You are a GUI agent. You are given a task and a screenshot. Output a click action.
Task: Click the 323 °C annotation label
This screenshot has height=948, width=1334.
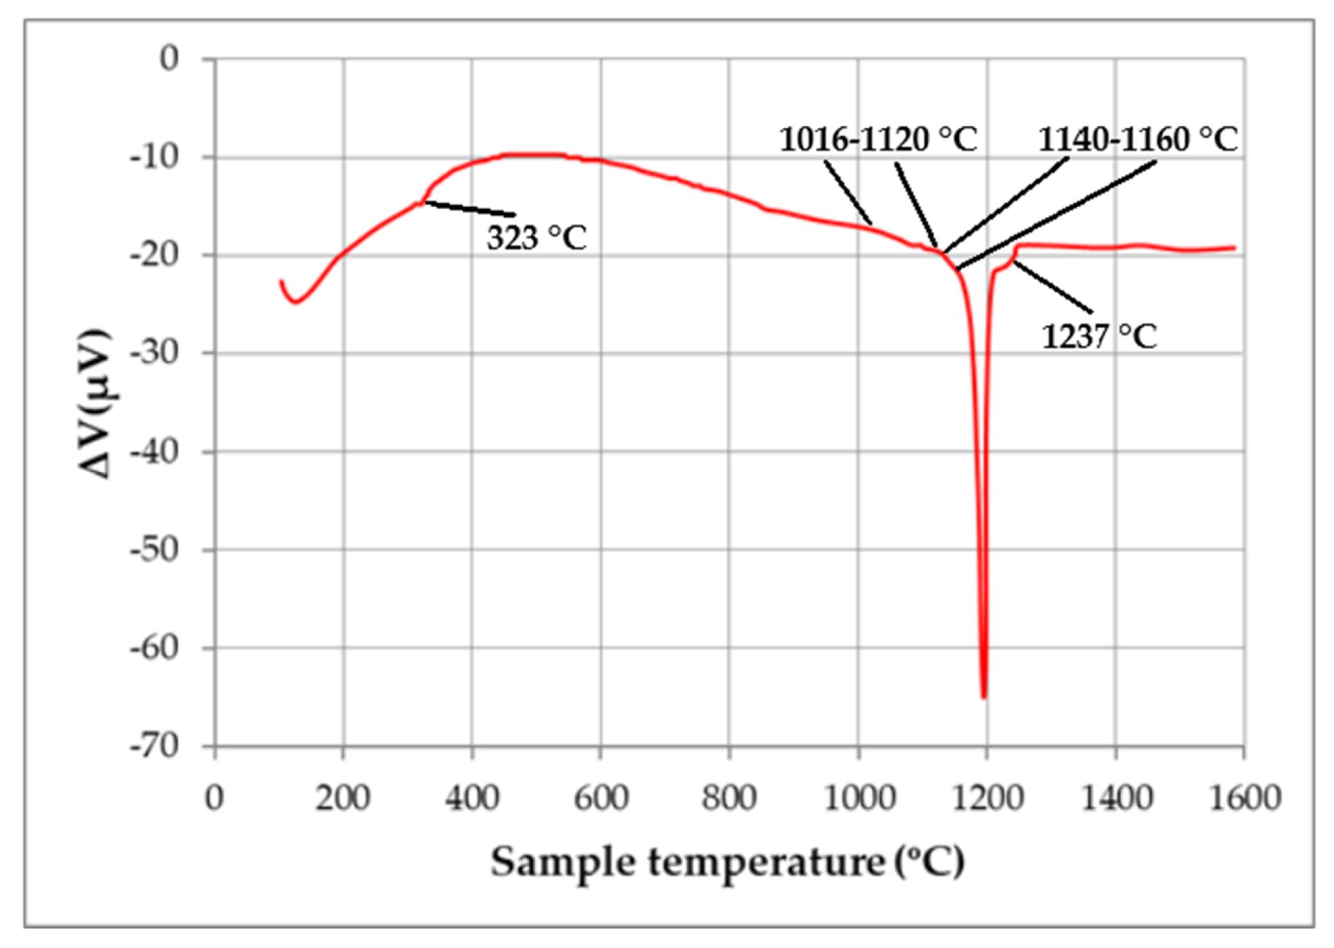tap(536, 238)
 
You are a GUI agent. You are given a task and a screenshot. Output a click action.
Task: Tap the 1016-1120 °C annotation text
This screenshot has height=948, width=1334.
tap(877, 140)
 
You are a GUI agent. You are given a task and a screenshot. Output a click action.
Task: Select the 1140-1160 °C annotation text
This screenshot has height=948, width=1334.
tap(1138, 140)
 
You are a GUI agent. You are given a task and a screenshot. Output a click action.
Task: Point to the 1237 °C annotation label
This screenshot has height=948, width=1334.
tap(1099, 337)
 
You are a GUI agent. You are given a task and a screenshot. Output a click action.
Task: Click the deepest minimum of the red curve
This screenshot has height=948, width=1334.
tap(984, 696)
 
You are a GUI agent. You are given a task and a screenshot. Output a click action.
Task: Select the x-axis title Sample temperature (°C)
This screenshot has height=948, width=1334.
tap(727, 862)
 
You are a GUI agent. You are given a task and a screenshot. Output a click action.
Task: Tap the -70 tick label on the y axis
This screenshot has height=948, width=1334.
tap(155, 746)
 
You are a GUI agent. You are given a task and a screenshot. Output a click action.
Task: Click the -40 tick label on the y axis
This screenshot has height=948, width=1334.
tap(155, 452)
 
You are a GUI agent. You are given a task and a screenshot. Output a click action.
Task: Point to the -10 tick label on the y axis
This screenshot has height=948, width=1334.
tap(155, 157)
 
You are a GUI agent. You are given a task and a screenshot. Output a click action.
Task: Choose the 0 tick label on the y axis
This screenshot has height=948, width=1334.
tap(169, 58)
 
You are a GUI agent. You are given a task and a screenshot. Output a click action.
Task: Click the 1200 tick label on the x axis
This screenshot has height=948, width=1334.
tap(986, 798)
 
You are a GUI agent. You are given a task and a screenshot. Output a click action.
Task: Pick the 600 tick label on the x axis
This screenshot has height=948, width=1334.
tap(600, 798)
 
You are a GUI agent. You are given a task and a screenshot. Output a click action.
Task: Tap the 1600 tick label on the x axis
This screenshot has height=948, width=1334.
tap(1244, 798)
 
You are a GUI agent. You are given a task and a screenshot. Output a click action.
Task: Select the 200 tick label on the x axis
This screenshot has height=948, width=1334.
tap(343, 798)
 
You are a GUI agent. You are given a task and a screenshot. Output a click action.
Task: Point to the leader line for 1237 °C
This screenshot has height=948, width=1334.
tap(1052, 288)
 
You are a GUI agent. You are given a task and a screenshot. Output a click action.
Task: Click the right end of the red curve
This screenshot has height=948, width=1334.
tap(1234, 248)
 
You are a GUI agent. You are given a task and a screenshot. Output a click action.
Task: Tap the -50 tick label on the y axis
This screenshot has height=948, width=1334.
tap(155, 549)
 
